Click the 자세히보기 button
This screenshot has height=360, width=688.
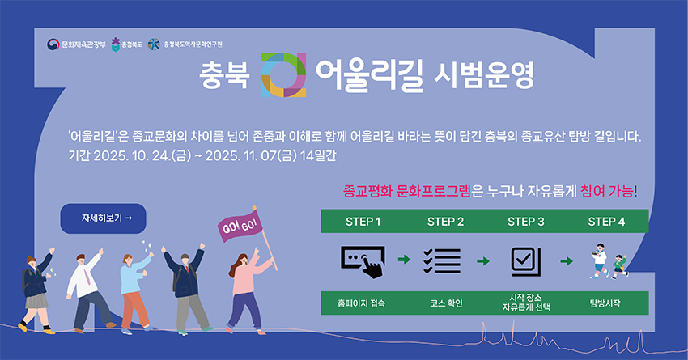tap(103, 218)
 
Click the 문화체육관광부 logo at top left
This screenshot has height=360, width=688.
tap(76, 43)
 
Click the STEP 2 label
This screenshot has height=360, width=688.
tap(444, 221)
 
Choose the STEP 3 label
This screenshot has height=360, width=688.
tap(525, 221)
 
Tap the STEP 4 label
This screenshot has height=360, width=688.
tap(606, 221)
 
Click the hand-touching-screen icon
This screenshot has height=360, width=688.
tap(363, 260)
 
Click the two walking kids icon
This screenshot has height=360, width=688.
tap(606, 260)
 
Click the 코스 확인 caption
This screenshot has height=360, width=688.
tap(446, 303)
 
